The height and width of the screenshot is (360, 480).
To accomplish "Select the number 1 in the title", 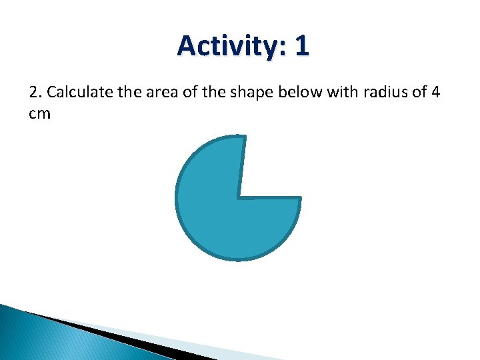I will pyautogui.click(x=301, y=46).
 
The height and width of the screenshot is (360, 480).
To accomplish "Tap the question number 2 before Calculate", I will pyautogui.click(x=35, y=92).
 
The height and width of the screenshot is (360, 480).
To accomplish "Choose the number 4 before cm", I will pyautogui.click(x=435, y=92).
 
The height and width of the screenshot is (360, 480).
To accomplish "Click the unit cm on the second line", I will pyautogui.click(x=39, y=113).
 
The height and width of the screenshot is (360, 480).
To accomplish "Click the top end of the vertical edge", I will pyautogui.click(x=245, y=137).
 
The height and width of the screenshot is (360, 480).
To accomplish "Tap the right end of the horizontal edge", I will pyautogui.click(x=300, y=197).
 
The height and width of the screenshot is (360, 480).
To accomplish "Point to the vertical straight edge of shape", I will pyautogui.click(x=242, y=167).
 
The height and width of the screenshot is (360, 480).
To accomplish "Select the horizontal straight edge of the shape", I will pyautogui.click(x=270, y=197).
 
